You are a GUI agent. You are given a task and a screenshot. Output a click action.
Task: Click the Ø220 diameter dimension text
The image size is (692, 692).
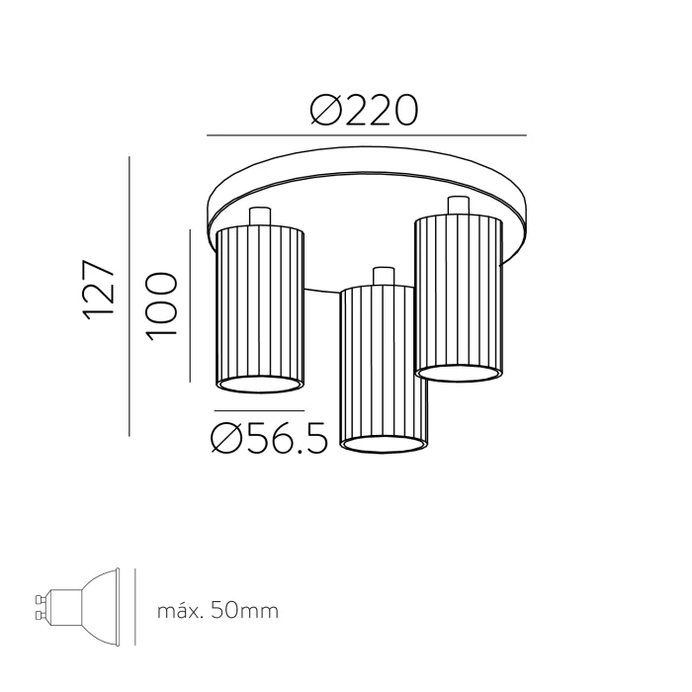coord(364,110)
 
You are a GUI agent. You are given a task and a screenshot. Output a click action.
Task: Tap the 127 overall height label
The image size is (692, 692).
coord(99,290)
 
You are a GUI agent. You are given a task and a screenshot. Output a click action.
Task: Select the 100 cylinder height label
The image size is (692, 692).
coord(162,306)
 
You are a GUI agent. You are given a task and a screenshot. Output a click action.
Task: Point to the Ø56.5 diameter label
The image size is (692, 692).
coord(270,438)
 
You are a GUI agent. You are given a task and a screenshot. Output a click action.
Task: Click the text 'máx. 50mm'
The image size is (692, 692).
coord(218,611)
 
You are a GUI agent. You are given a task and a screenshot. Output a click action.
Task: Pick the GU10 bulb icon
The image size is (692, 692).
coord(78,608)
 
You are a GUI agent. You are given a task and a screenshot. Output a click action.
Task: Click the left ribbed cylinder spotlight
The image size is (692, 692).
coord(260,309)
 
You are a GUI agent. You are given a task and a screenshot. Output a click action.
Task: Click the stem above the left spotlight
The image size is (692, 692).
coord(259,216)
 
